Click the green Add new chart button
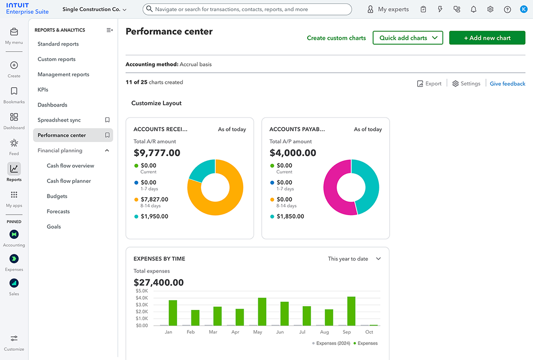coord(487,38)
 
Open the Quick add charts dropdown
coord(408,38)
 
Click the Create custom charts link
coord(336,38)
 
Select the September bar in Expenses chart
coord(351,311)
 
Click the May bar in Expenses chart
coord(262,312)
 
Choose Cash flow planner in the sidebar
coord(69,181)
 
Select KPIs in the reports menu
coord(43,90)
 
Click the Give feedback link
coord(507,84)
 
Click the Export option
coord(429,84)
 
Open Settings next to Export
coord(466,84)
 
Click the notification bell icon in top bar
coord(473,9)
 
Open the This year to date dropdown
coord(354,259)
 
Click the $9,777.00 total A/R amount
coord(157,153)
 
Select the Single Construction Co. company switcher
coord(94,9)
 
